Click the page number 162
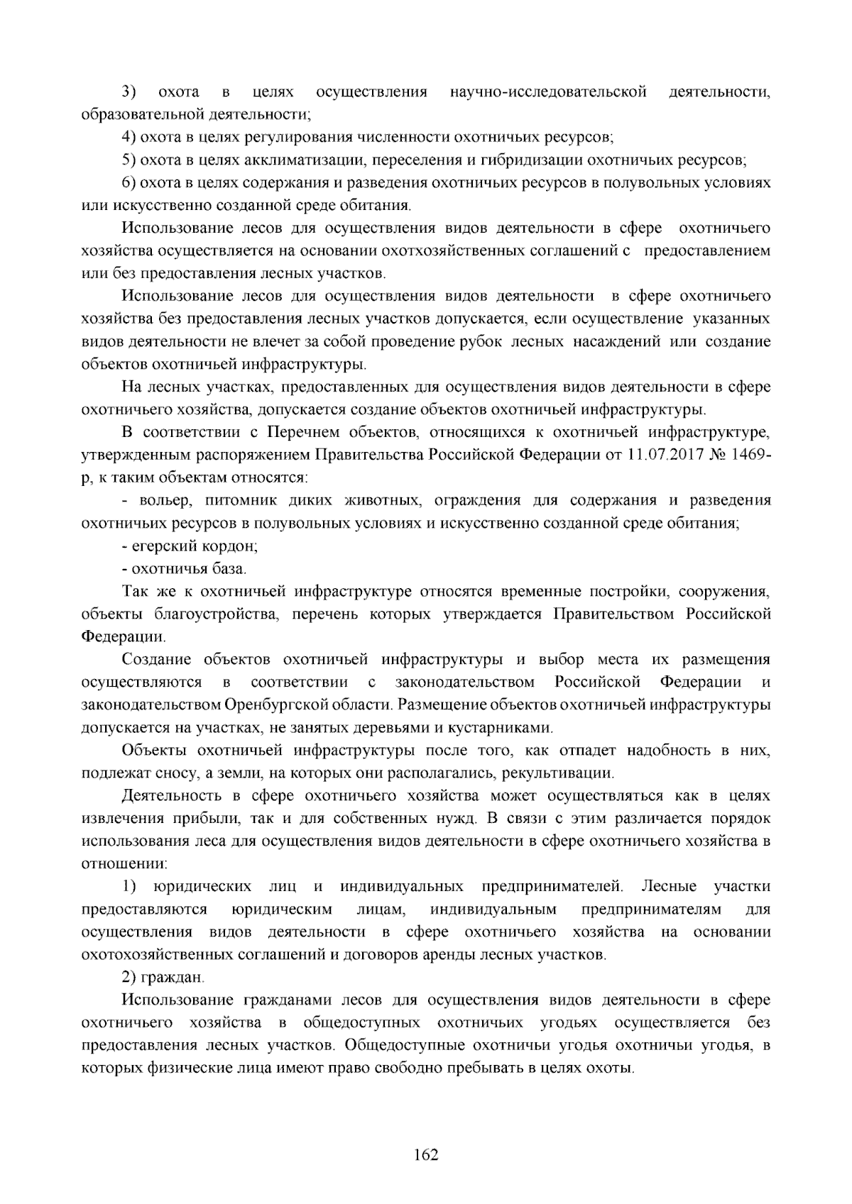(426, 1155)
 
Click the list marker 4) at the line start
(129, 138)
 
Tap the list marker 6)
(129, 183)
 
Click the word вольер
(165, 501)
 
